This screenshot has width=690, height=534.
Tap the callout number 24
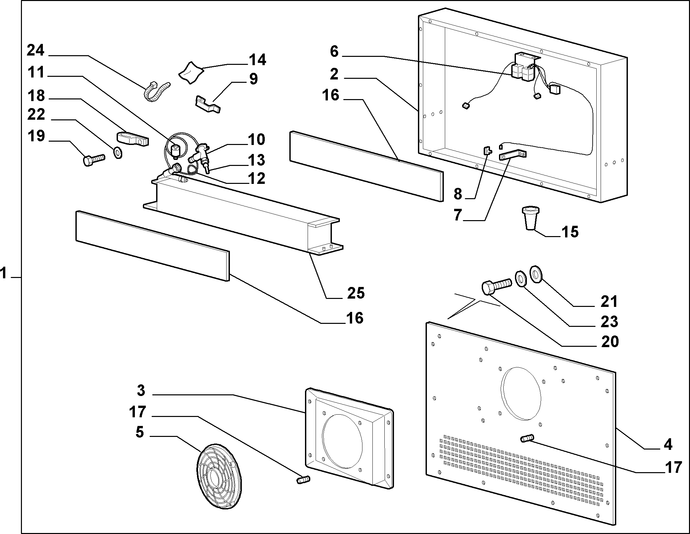point(36,51)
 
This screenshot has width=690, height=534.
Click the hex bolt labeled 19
point(93,160)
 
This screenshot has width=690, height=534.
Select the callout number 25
point(356,293)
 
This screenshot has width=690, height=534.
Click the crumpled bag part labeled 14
point(191,72)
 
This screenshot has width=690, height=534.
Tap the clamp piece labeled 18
point(133,139)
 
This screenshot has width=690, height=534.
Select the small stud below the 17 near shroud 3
point(303,479)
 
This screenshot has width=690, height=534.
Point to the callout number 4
point(668,445)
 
